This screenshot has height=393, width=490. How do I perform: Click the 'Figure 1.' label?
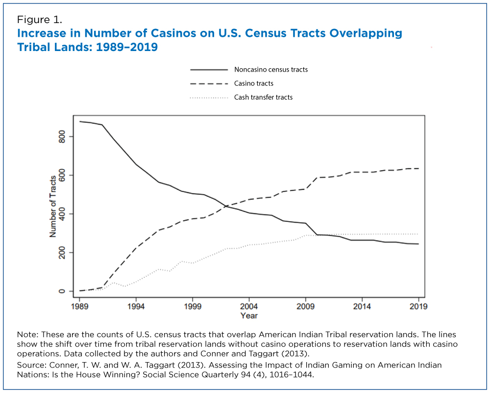[x=39, y=20]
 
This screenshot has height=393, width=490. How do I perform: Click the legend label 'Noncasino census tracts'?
[x=271, y=70]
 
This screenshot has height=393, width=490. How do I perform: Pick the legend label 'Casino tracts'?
[x=254, y=83]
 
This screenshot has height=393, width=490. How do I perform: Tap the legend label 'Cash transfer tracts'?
[x=263, y=97]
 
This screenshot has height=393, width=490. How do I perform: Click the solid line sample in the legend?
[x=208, y=70]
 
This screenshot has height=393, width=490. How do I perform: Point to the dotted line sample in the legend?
[x=208, y=98]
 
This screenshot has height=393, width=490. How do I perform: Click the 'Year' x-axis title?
[x=249, y=315]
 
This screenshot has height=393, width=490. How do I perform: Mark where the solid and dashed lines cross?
[x=226, y=206]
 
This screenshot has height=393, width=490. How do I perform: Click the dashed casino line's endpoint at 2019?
[x=418, y=168]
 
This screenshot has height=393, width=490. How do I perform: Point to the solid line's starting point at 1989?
[x=79, y=121]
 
